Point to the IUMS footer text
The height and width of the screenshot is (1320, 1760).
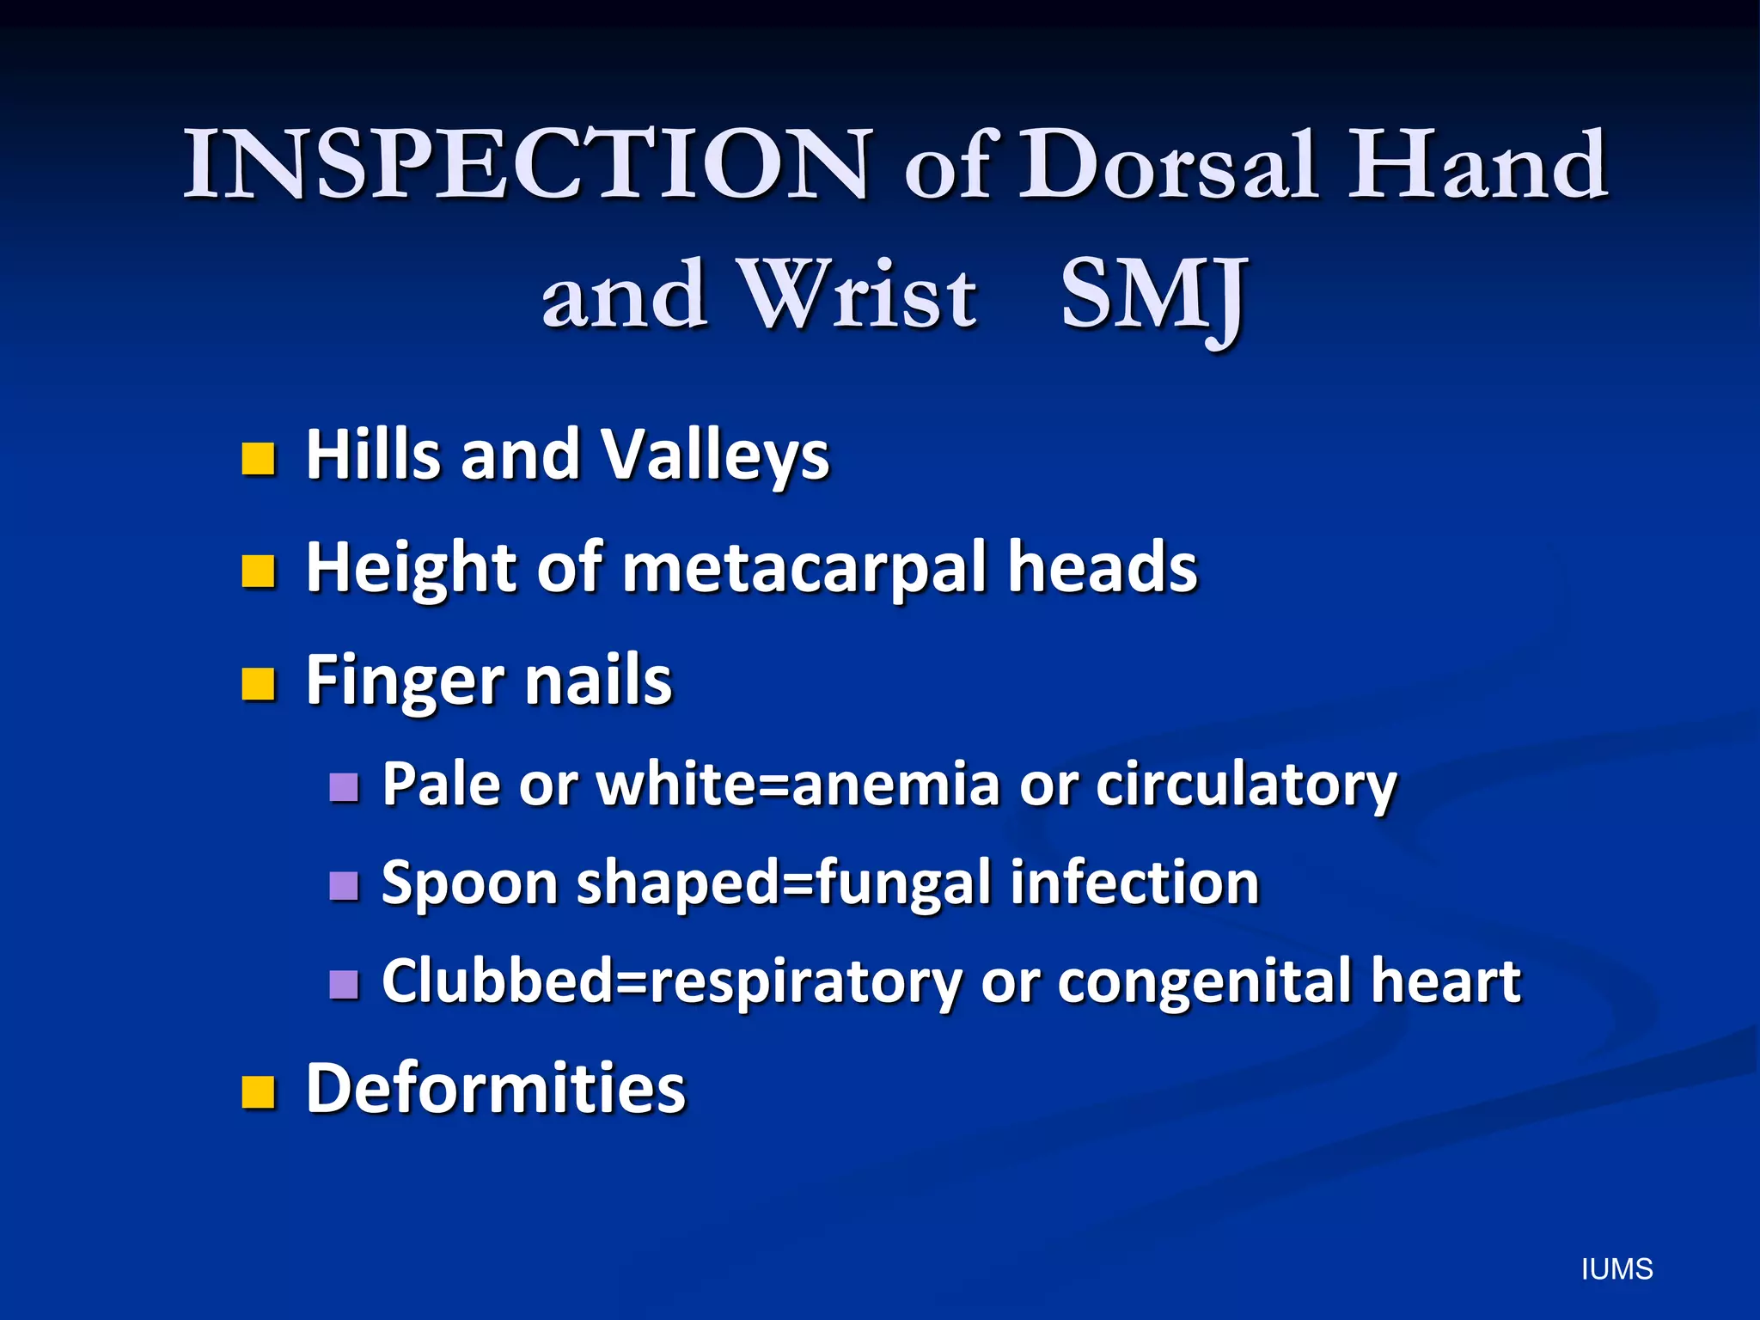[x=1616, y=1269]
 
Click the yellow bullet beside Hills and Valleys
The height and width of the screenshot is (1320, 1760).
[x=258, y=459]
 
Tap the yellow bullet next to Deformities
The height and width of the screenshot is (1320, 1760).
[x=258, y=1092]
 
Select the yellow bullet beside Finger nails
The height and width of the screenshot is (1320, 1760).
[x=258, y=685]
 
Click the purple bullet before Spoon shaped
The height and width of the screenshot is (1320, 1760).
[x=344, y=885]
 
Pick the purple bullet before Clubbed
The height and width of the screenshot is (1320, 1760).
[x=344, y=984]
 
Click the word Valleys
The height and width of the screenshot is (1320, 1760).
[x=714, y=455]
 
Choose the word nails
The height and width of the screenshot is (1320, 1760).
[x=598, y=681]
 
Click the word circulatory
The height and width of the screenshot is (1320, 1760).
[x=1246, y=785]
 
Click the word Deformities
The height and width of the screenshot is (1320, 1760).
[x=496, y=1089]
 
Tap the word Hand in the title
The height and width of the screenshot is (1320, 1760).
[x=1477, y=165]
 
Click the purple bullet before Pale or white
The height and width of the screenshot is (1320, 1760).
[x=344, y=786]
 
